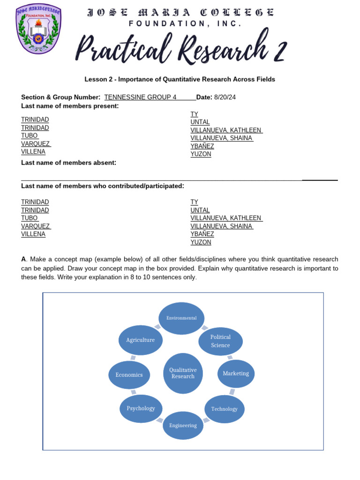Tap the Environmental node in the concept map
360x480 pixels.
click(x=181, y=318)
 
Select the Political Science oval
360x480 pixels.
click(x=220, y=341)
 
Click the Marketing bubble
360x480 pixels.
click(x=236, y=374)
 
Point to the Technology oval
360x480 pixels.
click(x=224, y=409)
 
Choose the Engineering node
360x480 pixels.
click(x=183, y=425)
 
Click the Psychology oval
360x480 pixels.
click(x=141, y=408)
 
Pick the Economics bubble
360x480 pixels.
click(x=129, y=375)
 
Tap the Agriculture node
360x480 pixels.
click(x=140, y=340)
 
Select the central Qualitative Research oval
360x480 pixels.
click(x=183, y=373)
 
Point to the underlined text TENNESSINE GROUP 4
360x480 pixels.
click(x=141, y=97)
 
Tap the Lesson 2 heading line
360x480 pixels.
click(x=180, y=79)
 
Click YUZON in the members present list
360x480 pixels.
click(x=201, y=154)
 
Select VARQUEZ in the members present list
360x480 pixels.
click(x=36, y=144)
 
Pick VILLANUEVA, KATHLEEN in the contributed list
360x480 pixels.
click(x=226, y=218)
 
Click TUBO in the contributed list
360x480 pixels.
click(x=30, y=218)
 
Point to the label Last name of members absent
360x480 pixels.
click(x=68, y=163)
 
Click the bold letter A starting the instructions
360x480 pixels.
click(x=23, y=259)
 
